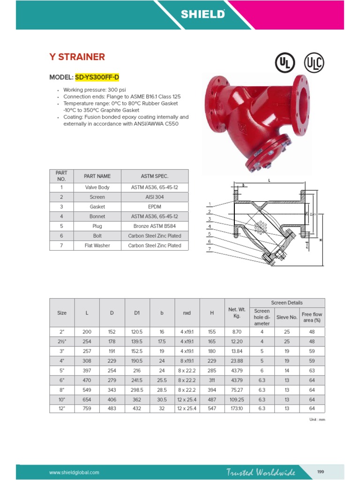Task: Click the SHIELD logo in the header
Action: [203, 15]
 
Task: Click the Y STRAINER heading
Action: [77, 57]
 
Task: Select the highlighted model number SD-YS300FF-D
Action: [100, 77]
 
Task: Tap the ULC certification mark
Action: [314, 62]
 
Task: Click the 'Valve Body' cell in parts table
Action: [97, 187]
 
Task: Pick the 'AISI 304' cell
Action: [155, 197]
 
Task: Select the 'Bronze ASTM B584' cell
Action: [155, 226]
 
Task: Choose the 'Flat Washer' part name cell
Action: [97, 246]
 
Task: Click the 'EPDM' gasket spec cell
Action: [155, 207]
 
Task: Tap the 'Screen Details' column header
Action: [287, 303]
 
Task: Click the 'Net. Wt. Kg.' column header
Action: [237, 313]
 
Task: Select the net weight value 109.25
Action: [237, 399]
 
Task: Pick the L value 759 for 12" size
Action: [87, 408]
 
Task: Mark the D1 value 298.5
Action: [137, 389]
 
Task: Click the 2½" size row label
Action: [62, 341]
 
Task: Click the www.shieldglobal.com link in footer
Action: [75, 472]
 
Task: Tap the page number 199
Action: [321, 472]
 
